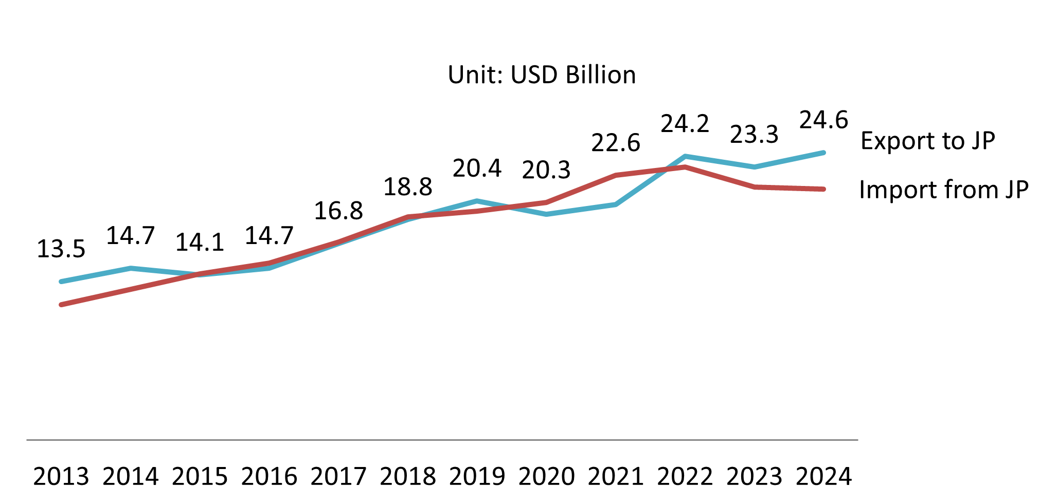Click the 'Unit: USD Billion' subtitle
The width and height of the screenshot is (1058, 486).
pyautogui.click(x=542, y=75)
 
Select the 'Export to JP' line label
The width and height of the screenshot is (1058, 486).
pyautogui.click(x=927, y=141)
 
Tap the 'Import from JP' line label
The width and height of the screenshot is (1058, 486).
pyautogui.click(x=943, y=190)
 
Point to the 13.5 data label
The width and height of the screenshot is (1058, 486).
pyautogui.click(x=61, y=249)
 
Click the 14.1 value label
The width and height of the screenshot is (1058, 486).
pyautogui.click(x=200, y=242)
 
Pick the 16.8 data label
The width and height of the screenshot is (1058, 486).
pyautogui.click(x=338, y=211)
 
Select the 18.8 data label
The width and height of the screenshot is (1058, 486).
pyautogui.click(x=408, y=187)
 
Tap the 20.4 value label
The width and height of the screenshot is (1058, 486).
pyautogui.click(x=477, y=169)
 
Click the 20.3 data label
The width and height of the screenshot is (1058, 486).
pyautogui.click(x=546, y=170)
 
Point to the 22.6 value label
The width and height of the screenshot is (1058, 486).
pyautogui.click(x=616, y=143)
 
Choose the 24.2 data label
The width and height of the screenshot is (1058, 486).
pyautogui.click(x=685, y=124)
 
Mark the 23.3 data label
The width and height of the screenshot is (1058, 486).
pyautogui.click(x=754, y=135)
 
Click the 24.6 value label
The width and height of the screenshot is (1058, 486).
pyautogui.click(x=823, y=120)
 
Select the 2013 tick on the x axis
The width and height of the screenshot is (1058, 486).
pyautogui.click(x=61, y=476)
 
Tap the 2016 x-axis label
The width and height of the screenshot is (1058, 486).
pyautogui.click(x=269, y=476)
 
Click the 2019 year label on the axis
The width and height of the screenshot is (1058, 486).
pyautogui.click(x=477, y=476)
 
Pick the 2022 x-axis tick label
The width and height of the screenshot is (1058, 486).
pyautogui.click(x=685, y=476)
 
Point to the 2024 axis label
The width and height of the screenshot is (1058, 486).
pyautogui.click(x=823, y=476)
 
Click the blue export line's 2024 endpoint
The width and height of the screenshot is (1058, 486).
pyautogui.click(x=823, y=153)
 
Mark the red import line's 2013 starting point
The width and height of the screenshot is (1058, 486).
pyautogui.click(x=61, y=305)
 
